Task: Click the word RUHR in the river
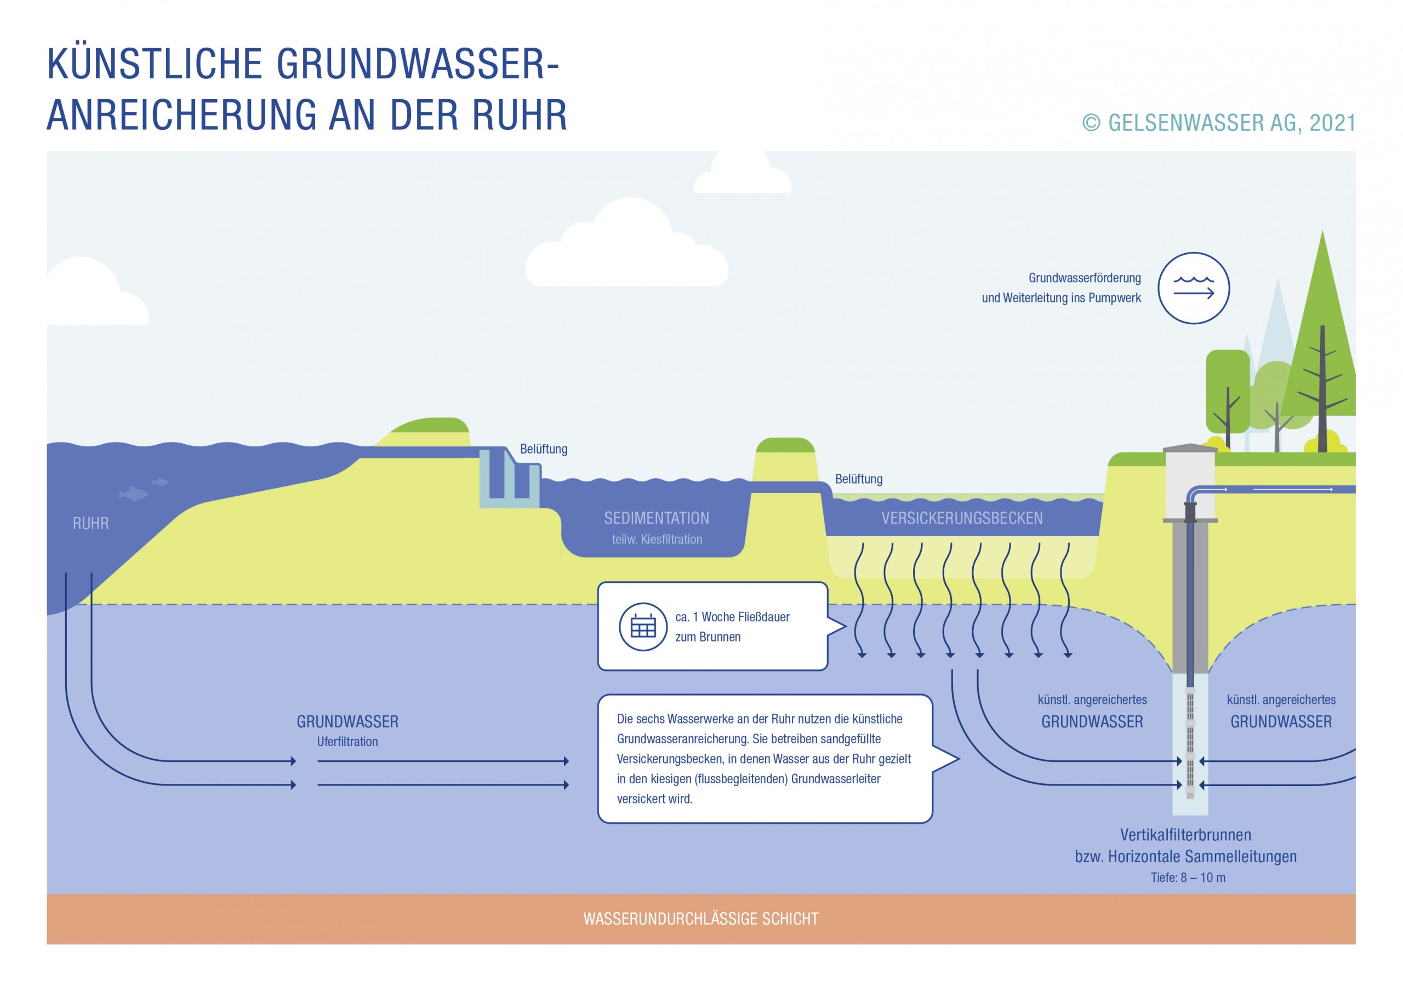click(90, 524)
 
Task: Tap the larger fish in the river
click(133, 494)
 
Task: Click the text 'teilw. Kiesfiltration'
click(657, 540)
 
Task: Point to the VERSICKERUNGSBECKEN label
click(962, 518)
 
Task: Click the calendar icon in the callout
click(643, 627)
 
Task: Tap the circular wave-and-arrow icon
click(1194, 288)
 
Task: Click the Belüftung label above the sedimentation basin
click(543, 449)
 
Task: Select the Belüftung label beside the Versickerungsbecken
click(859, 479)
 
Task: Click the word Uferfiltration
click(347, 742)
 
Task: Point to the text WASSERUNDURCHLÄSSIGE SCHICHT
click(700, 919)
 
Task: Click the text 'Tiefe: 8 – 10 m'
click(1188, 877)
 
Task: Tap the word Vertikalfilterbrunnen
click(1185, 834)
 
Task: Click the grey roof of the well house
click(1190, 449)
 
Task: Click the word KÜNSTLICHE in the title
click(155, 64)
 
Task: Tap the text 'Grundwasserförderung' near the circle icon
click(1085, 278)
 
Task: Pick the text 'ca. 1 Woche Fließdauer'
click(732, 617)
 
